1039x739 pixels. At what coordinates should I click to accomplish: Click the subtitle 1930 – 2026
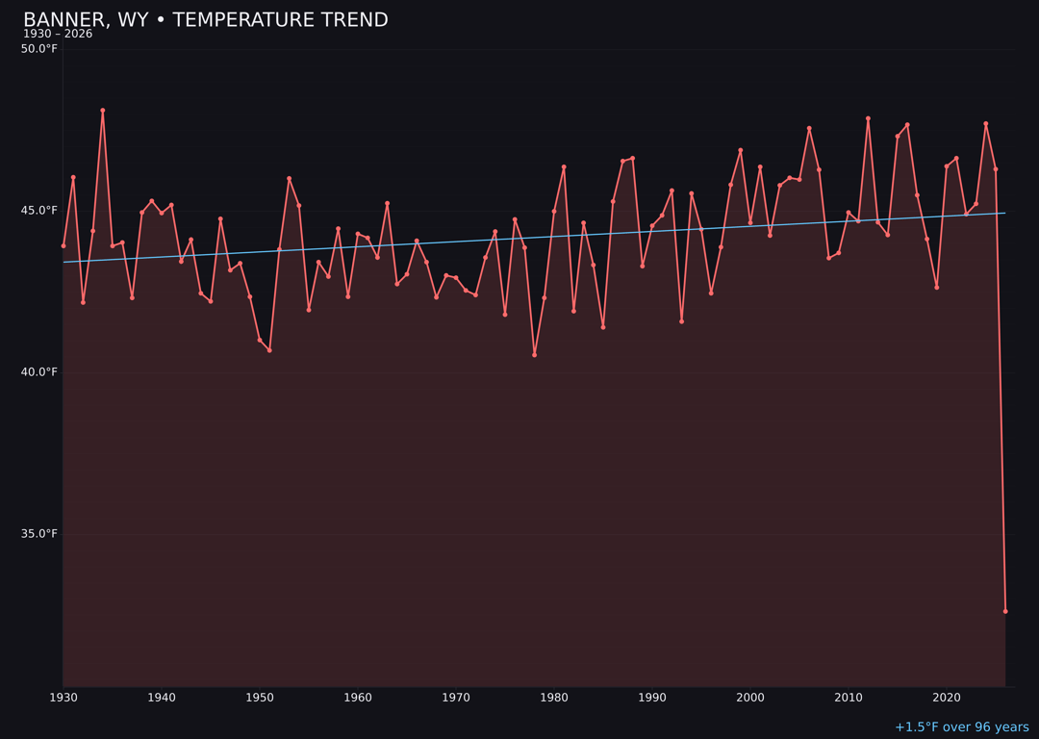click(x=58, y=35)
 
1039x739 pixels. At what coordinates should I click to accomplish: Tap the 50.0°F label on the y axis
click(x=38, y=49)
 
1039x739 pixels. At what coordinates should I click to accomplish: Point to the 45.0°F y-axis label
click(x=38, y=211)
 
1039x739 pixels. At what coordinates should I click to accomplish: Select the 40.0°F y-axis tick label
click(x=38, y=372)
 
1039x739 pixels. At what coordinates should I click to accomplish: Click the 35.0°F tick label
click(x=38, y=534)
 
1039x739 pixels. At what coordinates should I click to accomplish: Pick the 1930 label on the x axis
click(x=63, y=698)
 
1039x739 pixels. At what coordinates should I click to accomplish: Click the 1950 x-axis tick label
click(x=260, y=698)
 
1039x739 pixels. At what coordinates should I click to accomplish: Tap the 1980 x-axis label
click(x=554, y=698)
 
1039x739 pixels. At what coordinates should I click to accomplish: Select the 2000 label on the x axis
click(x=750, y=698)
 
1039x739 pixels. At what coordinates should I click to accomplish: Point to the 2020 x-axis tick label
click(x=947, y=698)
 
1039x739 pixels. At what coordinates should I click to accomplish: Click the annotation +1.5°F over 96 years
click(x=961, y=727)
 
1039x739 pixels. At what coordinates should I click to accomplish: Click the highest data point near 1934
click(x=103, y=111)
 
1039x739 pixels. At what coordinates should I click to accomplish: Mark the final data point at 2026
click(x=1005, y=611)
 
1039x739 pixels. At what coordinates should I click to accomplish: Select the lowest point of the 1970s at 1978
click(x=535, y=354)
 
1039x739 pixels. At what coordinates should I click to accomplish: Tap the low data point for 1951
click(x=269, y=350)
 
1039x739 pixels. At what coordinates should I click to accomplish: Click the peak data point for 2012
click(x=868, y=118)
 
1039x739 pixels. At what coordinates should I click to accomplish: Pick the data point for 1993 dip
click(x=681, y=321)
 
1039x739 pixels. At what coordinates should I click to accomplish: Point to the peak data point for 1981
click(x=564, y=167)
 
